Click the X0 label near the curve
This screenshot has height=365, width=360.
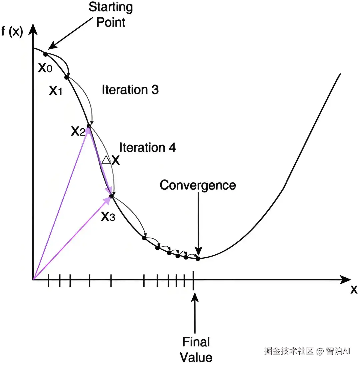point(45,68)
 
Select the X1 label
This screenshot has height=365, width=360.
point(56,90)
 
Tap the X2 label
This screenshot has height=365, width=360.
point(78,131)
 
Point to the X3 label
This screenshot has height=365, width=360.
point(108,217)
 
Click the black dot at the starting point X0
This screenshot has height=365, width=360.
point(46,54)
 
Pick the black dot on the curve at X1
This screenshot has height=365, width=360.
point(67,77)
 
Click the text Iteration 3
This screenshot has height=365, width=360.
point(130,90)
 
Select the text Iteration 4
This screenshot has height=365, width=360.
point(147,147)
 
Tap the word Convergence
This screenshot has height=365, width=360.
point(198,186)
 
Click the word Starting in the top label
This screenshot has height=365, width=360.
point(111,7)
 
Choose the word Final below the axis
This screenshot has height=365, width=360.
point(196,342)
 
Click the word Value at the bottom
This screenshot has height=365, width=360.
point(196,357)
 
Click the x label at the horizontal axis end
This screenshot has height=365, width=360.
point(354,290)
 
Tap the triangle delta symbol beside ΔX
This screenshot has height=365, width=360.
point(106,160)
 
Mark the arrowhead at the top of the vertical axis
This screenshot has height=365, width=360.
point(33,29)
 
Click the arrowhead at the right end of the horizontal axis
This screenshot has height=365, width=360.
point(345,279)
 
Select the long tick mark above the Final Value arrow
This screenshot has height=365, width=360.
point(193,281)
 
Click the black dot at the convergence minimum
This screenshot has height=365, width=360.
point(198,258)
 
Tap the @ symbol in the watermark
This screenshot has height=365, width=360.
point(320,351)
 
